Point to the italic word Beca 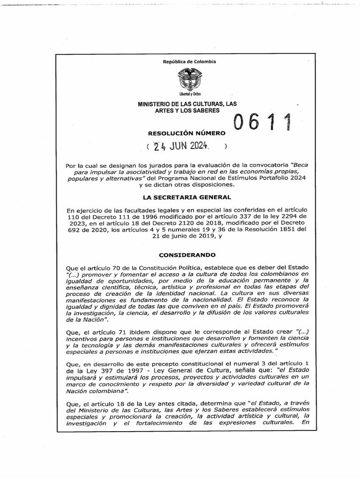coord(300,165)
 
